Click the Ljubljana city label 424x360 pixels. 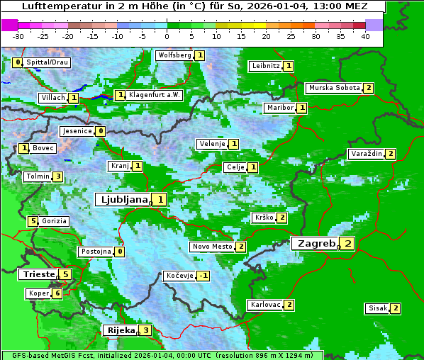click(123, 200)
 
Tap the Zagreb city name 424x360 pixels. click(316, 243)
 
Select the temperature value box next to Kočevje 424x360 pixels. click(203, 276)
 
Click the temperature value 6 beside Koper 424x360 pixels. click(57, 293)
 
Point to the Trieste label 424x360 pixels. click(38, 274)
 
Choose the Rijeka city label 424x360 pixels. click(120, 330)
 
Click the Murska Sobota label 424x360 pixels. click(333, 88)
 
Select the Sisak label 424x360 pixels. click(377, 308)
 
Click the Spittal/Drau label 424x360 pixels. click(48, 62)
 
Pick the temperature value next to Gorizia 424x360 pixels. click(33, 221)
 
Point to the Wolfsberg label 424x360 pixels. click(174, 55)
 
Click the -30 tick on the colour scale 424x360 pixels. click(18, 36)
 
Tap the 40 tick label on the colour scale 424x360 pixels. click(364, 36)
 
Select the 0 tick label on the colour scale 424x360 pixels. click(167, 36)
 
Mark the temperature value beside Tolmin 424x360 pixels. click(58, 176)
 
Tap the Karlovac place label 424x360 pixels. click(265, 305)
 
